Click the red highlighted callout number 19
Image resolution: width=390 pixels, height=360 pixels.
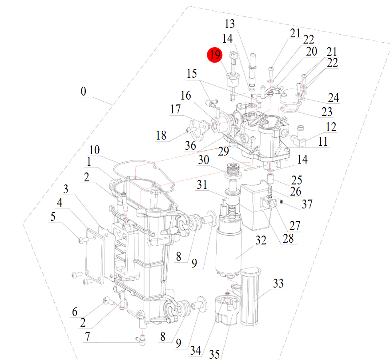[215, 55]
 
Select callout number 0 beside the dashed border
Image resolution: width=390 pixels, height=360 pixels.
[83, 92]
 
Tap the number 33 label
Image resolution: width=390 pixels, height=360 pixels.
[278, 283]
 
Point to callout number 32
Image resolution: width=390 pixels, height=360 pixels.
[261, 240]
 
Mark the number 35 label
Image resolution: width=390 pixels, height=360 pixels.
[214, 354]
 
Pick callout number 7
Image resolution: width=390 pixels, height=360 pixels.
[88, 337]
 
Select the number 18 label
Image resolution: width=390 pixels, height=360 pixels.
[161, 135]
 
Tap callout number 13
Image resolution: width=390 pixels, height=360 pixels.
[229, 24]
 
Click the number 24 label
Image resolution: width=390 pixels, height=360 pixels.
[334, 98]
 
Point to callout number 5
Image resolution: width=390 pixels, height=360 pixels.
[53, 217]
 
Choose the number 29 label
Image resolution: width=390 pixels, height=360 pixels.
[223, 151]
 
